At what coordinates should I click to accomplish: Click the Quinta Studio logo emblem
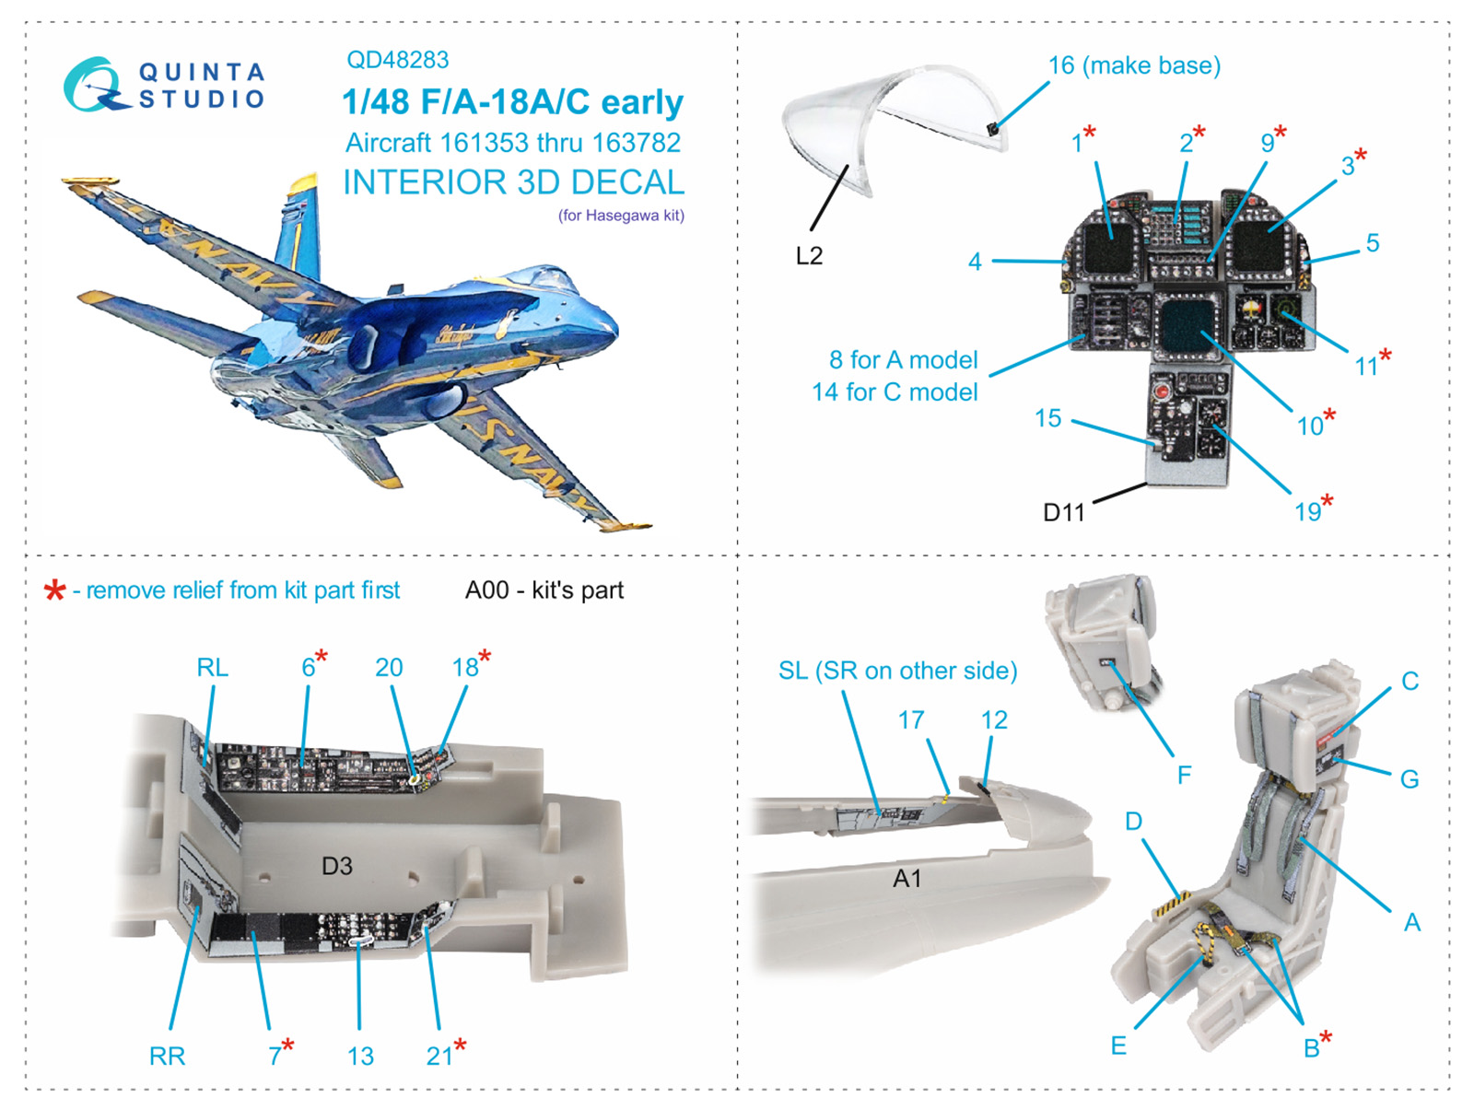click(93, 85)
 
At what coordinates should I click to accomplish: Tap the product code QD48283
click(397, 60)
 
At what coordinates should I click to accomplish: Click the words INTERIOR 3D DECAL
click(513, 182)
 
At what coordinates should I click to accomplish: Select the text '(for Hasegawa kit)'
click(621, 216)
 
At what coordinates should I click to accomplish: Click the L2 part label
click(808, 255)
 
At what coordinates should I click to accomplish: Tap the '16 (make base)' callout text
click(1134, 65)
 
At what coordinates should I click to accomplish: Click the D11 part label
click(1063, 512)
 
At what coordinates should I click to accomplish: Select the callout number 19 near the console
click(1307, 512)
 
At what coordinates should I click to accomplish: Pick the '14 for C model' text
click(894, 392)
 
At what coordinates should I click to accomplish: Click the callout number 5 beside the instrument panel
click(1372, 243)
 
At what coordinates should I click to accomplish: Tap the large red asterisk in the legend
click(55, 591)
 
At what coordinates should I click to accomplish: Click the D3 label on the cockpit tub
click(337, 866)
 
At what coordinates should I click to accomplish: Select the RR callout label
click(167, 1056)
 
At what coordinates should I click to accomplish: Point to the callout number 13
click(360, 1056)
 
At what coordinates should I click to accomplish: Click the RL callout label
click(212, 667)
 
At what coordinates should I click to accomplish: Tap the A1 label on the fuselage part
click(907, 879)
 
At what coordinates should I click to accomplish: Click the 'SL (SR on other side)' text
click(897, 671)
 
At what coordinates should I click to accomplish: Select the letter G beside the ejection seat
click(1409, 779)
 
